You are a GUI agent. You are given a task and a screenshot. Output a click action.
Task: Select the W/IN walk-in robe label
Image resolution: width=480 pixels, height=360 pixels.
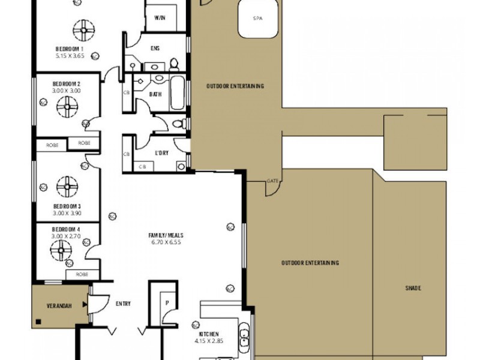click(x=160, y=18)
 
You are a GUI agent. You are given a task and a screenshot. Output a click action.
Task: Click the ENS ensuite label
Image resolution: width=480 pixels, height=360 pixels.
click(x=155, y=47)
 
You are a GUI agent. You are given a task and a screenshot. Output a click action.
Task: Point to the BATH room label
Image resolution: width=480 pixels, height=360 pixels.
click(x=156, y=94)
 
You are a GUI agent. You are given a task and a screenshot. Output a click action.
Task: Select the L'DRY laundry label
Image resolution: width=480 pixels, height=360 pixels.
click(x=161, y=153)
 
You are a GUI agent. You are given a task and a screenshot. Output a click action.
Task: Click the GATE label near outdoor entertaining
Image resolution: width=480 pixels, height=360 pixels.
click(x=272, y=181)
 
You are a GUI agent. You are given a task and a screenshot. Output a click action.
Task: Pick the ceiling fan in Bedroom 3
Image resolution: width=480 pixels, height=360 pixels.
click(x=67, y=186)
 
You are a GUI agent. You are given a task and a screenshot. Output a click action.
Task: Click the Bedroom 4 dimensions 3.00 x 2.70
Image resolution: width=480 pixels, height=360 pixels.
click(x=66, y=236)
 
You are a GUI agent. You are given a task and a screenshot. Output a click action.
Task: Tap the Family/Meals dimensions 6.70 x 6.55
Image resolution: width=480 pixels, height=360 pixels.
click(x=165, y=242)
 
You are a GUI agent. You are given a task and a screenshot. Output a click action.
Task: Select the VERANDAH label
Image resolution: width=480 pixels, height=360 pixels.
click(x=59, y=305)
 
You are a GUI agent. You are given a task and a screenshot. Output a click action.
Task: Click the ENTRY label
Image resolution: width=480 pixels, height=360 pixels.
click(x=122, y=304)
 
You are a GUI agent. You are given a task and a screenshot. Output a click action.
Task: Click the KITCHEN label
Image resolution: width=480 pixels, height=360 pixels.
click(x=209, y=334)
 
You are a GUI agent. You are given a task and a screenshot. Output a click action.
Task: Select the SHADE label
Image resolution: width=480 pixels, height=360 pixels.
click(x=413, y=289)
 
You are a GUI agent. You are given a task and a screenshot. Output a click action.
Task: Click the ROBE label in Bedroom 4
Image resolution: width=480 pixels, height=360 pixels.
click(x=83, y=274)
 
